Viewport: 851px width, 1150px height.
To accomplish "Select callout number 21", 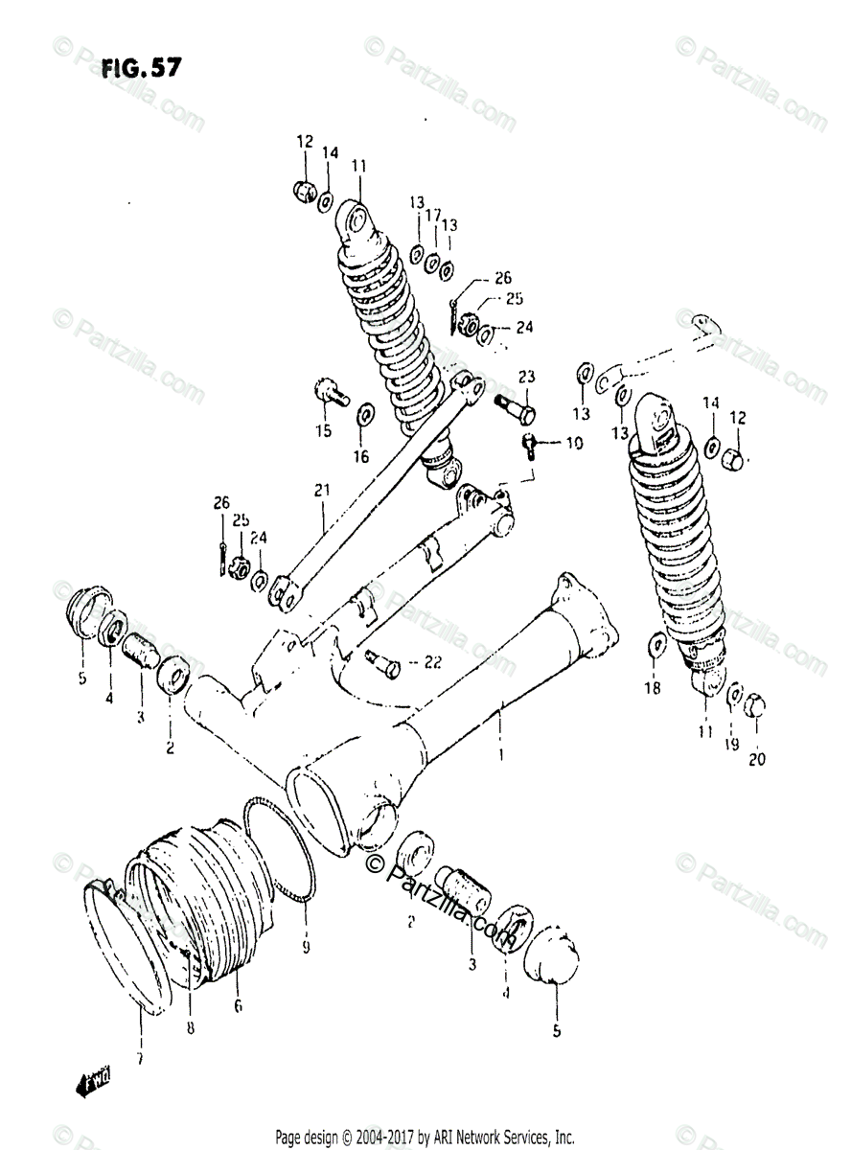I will pyautogui.click(x=321, y=491).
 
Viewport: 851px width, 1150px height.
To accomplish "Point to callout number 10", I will pyautogui.click(x=573, y=443).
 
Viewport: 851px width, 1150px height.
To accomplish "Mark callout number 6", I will pyautogui.click(x=237, y=1005).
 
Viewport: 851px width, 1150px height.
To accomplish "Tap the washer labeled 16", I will pyautogui.click(x=365, y=416).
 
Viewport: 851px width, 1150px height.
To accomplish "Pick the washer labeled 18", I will pyautogui.click(x=655, y=643).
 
